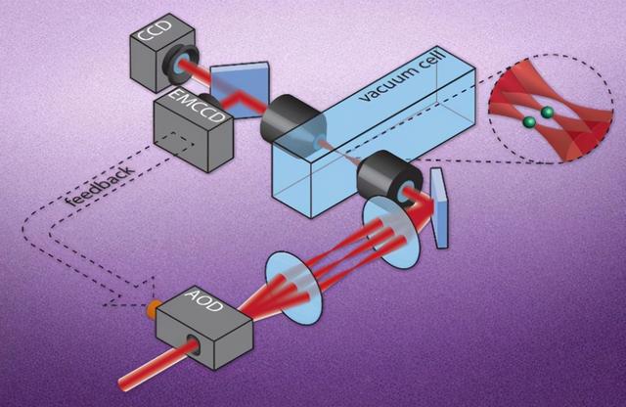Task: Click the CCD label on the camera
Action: tap(155, 31)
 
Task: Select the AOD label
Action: tap(203, 300)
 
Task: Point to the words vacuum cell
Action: tap(404, 75)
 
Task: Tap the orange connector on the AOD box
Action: tap(153, 308)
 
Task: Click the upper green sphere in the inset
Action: tap(547, 113)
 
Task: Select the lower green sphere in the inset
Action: tap(530, 122)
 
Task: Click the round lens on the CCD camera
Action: tap(180, 65)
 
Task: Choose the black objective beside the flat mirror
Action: tap(389, 178)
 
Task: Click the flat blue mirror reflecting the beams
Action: tap(439, 208)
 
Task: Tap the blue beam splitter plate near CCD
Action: tap(240, 90)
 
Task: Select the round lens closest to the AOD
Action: tap(293, 289)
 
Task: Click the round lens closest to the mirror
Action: tap(391, 233)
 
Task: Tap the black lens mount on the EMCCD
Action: tap(206, 101)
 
